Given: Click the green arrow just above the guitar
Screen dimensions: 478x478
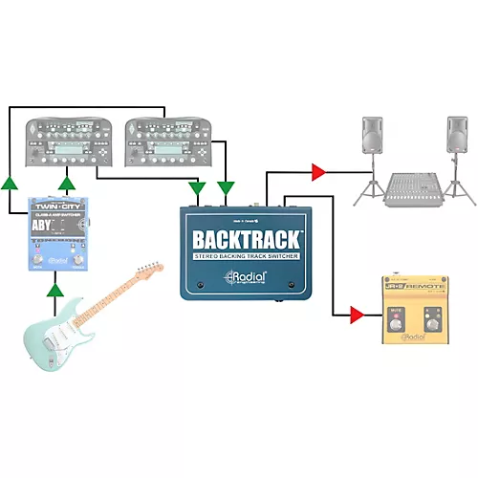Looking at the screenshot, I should (x=57, y=284).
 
